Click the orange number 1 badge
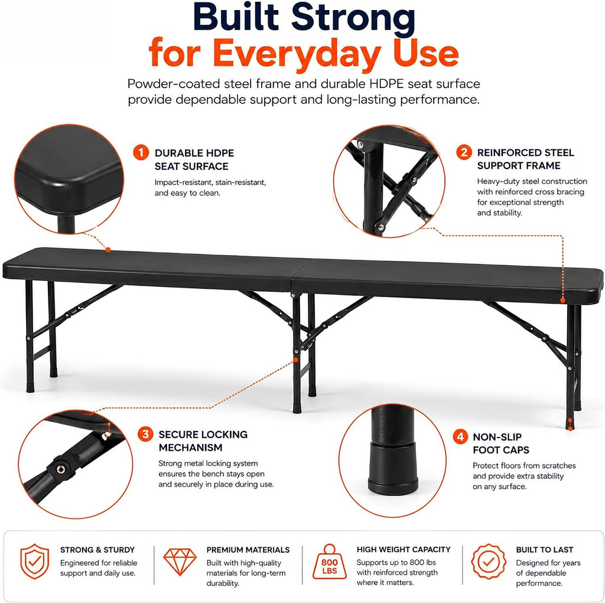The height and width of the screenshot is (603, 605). [141, 152]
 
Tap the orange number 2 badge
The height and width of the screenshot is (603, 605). [464, 152]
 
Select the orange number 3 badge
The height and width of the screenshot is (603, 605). [145, 435]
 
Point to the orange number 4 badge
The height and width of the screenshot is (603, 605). [460, 436]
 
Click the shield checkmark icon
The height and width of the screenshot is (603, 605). [35, 561]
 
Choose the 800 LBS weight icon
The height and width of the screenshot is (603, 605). [330, 562]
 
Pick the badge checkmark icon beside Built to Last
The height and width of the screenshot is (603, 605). [489, 561]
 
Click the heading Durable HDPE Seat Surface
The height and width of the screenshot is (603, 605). [194, 159]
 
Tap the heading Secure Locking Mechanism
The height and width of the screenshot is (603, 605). [203, 441]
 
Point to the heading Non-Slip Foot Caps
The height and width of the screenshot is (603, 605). [501, 444]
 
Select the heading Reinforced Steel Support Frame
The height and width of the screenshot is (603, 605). [525, 159]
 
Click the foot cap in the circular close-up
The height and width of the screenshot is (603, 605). [393, 468]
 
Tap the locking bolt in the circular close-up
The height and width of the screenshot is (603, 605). [61, 469]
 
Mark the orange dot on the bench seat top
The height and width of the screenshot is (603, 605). [108, 250]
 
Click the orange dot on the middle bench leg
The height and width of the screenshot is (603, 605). [296, 360]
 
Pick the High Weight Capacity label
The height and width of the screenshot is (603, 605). [404, 549]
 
